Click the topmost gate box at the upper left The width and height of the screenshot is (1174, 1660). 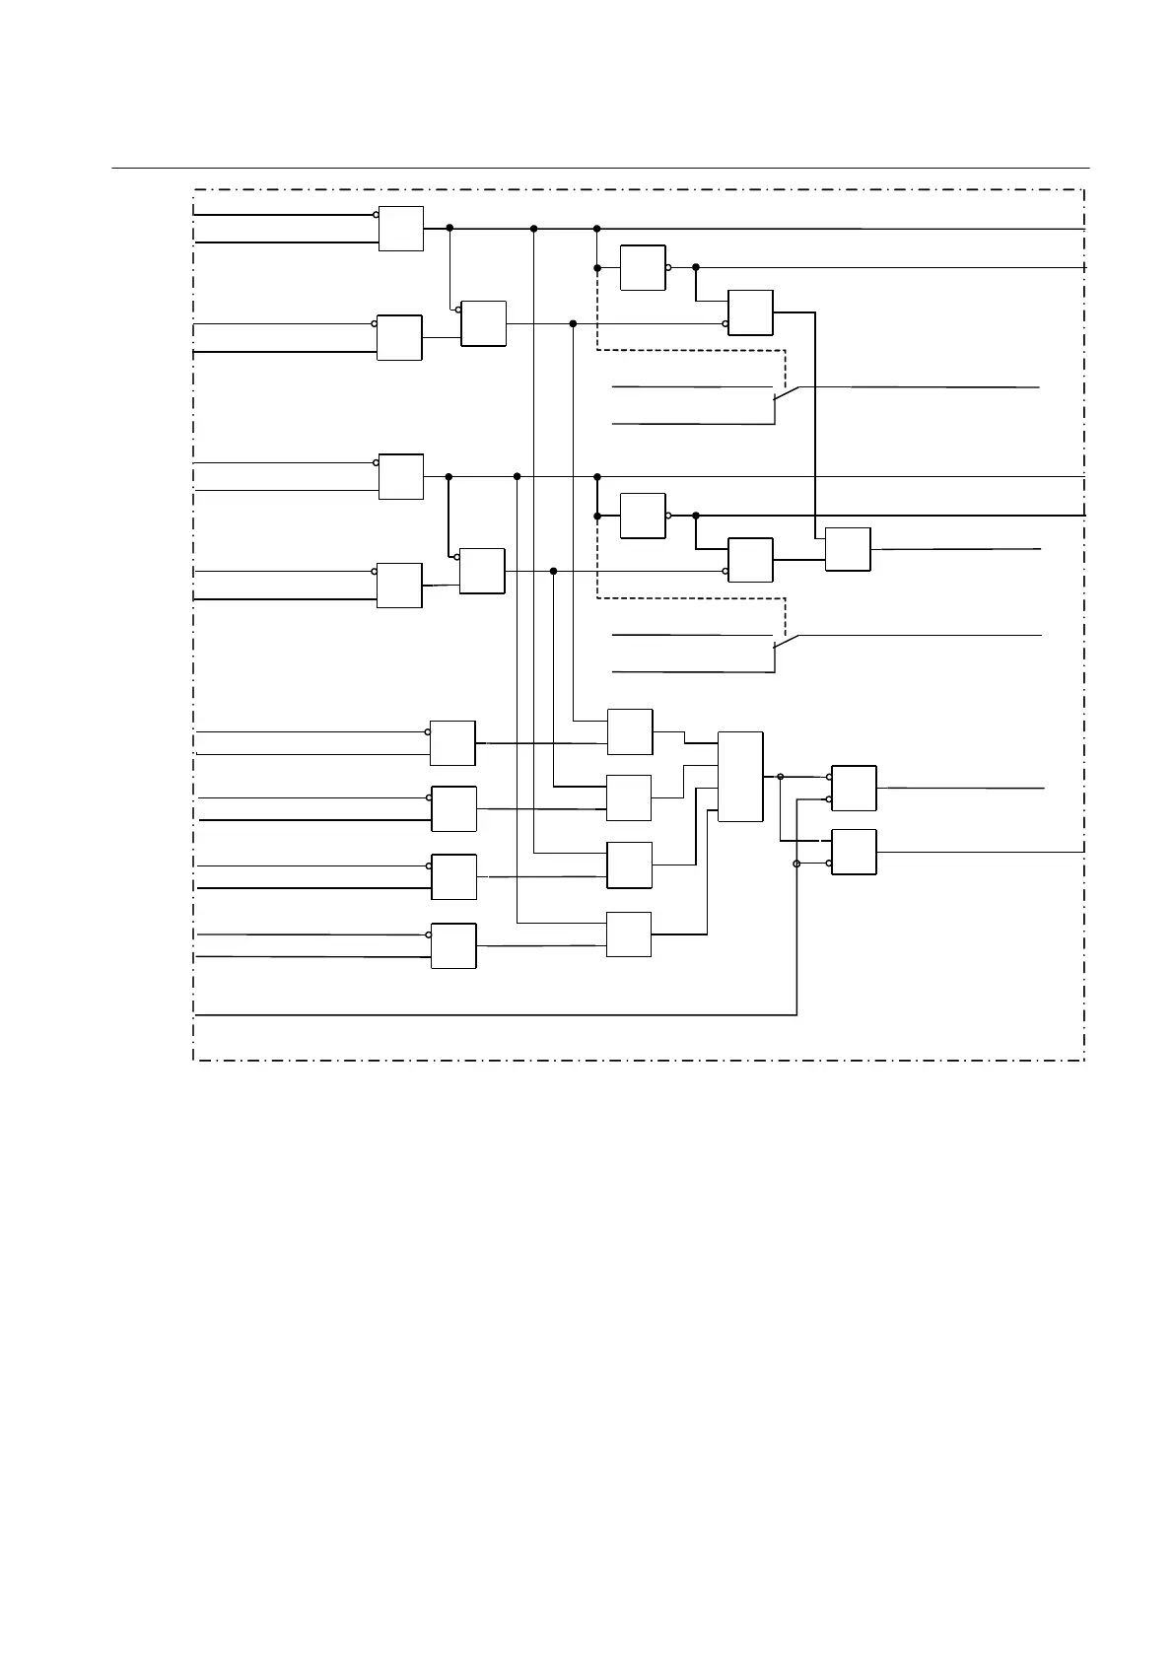pyautogui.click(x=401, y=229)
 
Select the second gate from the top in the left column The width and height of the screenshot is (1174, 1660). pyautogui.click(x=399, y=337)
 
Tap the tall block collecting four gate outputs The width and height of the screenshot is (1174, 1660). pyautogui.click(x=740, y=777)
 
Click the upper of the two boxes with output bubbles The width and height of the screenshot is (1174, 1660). pyautogui.click(x=643, y=267)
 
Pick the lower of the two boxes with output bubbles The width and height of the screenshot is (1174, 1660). pyautogui.click(x=643, y=516)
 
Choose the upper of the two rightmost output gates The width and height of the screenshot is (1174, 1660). pyautogui.click(x=854, y=788)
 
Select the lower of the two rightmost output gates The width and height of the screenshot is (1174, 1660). pyautogui.click(x=854, y=852)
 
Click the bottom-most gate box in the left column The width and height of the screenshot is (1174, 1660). pyautogui.click(x=453, y=945)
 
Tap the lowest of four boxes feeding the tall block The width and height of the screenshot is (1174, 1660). pyautogui.click(x=629, y=934)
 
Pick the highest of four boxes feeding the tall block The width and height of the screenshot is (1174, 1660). pyautogui.click(x=630, y=731)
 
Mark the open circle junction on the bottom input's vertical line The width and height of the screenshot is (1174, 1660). pyautogui.click(x=796, y=864)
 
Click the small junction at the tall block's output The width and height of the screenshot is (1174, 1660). pyautogui.click(x=781, y=777)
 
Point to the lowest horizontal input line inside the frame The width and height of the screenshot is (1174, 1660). pyautogui.click(x=493, y=1014)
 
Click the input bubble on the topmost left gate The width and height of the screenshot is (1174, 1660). pyautogui.click(x=376, y=214)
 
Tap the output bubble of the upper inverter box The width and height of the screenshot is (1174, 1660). pyautogui.click(x=668, y=267)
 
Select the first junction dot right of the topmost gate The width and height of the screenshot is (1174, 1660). pyautogui.click(x=449, y=228)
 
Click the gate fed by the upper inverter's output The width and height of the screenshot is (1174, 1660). pyautogui.click(x=750, y=312)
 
